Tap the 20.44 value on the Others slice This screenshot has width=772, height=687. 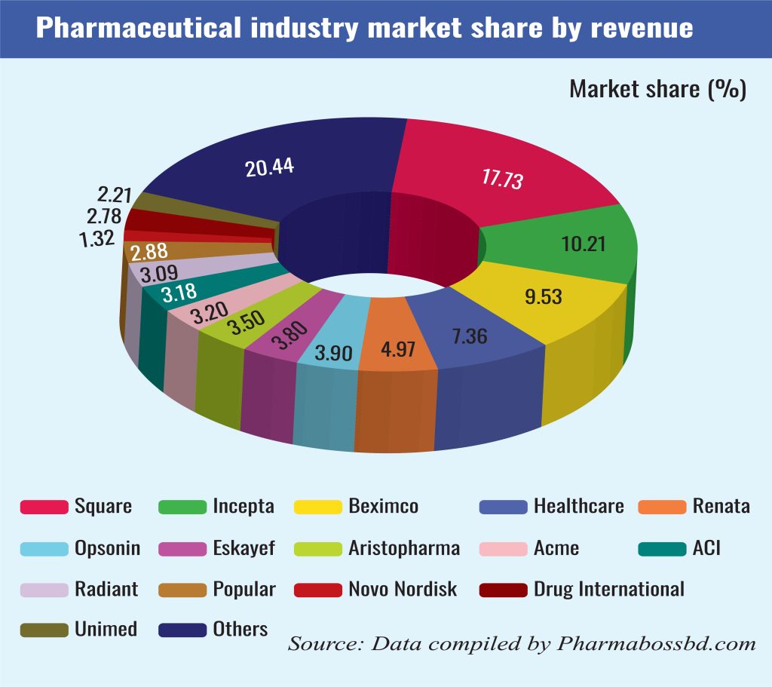(269, 167)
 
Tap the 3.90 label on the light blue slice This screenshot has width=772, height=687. (332, 353)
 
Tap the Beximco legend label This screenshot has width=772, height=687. (383, 506)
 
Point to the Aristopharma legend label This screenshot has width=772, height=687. (404, 548)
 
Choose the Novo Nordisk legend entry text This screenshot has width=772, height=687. (403, 588)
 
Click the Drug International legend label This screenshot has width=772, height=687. (608, 588)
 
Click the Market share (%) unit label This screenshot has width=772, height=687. (657, 90)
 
